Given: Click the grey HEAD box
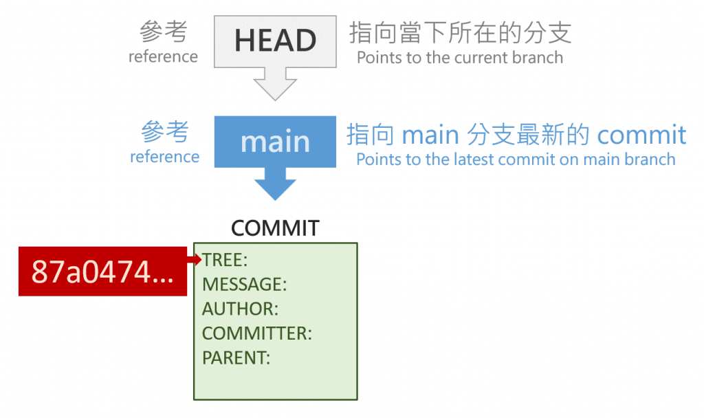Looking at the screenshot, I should tap(275, 41).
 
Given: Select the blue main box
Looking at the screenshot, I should tap(275, 142).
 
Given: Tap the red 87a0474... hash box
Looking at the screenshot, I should tap(102, 272).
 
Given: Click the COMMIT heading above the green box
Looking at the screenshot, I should tap(275, 228).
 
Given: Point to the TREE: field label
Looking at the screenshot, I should tap(225, 260).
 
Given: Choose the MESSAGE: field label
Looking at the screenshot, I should tap(244, 285).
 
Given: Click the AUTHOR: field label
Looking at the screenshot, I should tap(240, 309).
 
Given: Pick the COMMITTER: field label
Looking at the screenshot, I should tap(257, 333).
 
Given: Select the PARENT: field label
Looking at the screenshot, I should tap(236, 357).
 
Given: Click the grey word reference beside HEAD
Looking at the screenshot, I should tap(163, 56).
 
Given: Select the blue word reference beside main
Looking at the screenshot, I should tap(164, 157).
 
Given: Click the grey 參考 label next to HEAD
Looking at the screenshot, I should tap(164, 31).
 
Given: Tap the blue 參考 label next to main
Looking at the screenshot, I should tap(165, 131).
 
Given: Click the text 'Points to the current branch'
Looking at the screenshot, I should tap(460, 58).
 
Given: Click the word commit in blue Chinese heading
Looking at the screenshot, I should tap(641, 135).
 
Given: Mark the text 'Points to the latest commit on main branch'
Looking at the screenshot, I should tap(516, 159).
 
